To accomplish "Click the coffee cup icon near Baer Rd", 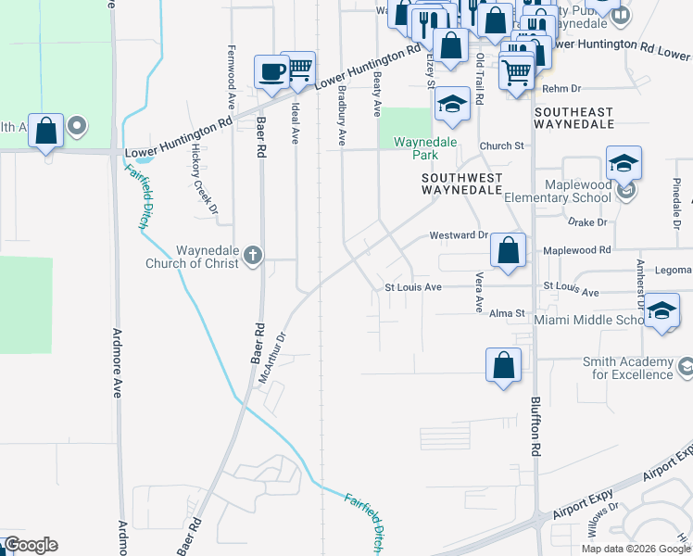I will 272,71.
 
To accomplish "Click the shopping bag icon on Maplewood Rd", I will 508,250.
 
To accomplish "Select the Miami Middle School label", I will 588,320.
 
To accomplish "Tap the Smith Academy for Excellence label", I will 627,368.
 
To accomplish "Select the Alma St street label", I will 507,314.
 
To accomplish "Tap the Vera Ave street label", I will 479,292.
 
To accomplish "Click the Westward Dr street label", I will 458,235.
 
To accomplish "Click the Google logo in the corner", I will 31,545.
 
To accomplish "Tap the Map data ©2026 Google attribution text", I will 636,549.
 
